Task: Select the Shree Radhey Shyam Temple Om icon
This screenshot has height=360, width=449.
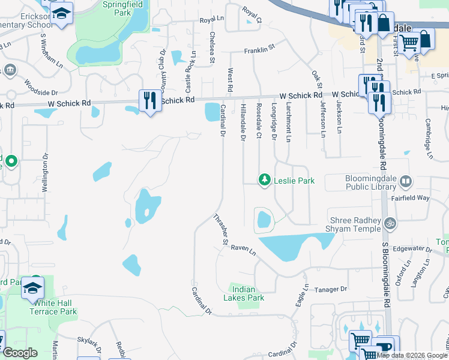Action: (390, 223)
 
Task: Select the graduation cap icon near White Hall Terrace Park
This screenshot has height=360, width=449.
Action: (32, 289)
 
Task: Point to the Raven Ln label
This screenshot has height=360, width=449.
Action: (244, 248)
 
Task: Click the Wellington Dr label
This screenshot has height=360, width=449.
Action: (44, 173)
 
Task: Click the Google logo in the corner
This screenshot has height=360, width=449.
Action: (20, 353)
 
